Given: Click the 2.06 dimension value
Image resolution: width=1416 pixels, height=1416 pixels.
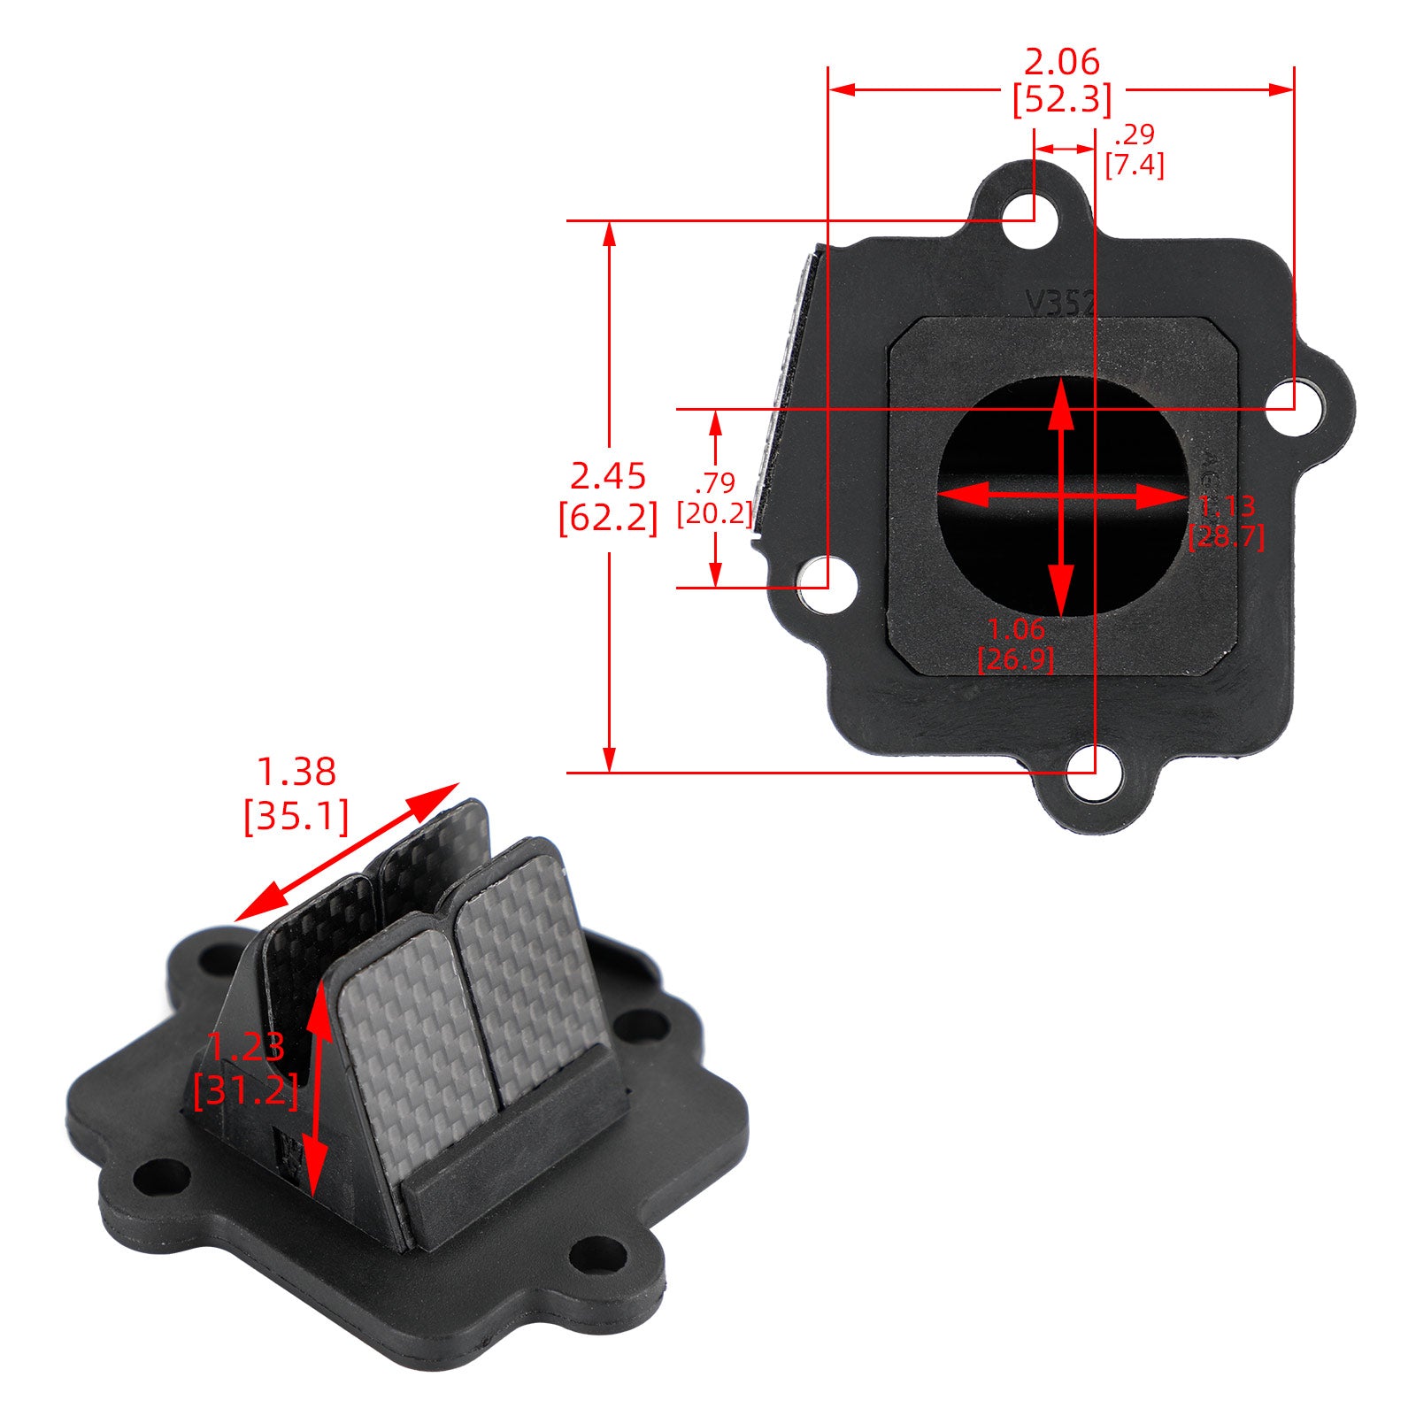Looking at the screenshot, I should [x=1061, y=62].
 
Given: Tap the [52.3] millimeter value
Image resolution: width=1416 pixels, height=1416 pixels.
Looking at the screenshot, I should [x=1061, y=100].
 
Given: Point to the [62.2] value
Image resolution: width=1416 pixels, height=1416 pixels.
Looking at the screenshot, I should [x=608, y=518].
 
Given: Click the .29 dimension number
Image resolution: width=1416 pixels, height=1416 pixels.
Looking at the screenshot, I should [x=1135, y=135].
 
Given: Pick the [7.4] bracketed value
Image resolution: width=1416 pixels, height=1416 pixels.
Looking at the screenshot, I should [x=1135, y=165].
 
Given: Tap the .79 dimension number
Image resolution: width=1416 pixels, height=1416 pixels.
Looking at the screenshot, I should [x=715, y=483].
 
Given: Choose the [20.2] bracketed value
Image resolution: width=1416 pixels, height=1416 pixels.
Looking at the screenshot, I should [x=715, y=513].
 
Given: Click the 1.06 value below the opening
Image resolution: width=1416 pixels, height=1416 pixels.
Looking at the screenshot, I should [x=1016, y=629].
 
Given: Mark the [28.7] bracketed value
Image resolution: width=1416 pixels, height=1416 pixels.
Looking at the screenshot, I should [x=1226, y=536].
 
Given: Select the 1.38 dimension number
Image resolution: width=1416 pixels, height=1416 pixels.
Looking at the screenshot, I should [x=296, y=772].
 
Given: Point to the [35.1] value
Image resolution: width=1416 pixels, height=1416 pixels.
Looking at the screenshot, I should [x=296, y=815].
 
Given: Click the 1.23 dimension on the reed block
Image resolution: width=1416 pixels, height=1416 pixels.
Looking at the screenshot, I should [x=247, y=1047].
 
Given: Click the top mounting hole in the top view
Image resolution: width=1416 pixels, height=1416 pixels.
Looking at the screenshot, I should [x=1032, y=217].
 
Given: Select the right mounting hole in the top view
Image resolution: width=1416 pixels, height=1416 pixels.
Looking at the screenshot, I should [x=1295, y=408].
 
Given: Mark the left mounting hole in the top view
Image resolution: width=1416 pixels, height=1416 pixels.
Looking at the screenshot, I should [x=827, y=585].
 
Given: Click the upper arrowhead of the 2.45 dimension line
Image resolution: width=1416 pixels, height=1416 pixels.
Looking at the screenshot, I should [x=609, y=234].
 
